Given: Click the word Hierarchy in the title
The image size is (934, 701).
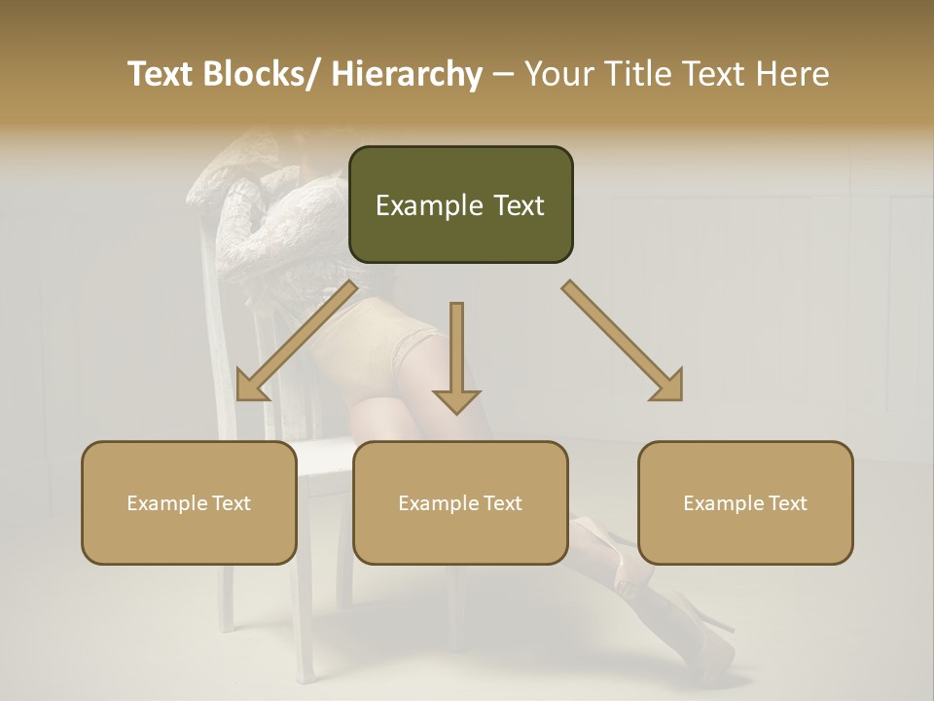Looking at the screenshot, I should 407,74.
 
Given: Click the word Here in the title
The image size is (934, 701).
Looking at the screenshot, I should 797,74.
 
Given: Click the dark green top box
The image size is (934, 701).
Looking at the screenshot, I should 460,204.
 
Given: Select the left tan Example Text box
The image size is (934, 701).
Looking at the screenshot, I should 188,502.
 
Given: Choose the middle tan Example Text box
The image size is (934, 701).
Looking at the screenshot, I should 460,502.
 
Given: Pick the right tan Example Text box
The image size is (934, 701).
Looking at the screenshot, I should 745,502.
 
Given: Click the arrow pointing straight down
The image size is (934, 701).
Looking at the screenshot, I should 456,360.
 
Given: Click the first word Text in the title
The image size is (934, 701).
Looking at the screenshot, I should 162,74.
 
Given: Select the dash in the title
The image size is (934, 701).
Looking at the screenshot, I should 503,75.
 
